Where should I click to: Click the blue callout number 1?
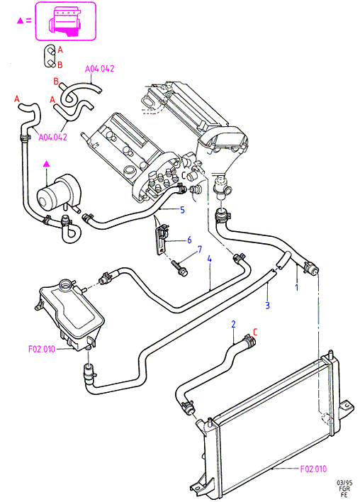(297, 287)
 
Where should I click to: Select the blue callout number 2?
(234, 324)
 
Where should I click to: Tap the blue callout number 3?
(268, 306)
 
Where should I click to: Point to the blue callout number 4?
(210, 259)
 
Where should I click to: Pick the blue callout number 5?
(182, 210)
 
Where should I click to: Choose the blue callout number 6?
(189, 240)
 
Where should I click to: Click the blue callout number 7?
(200, 249)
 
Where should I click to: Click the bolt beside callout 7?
(179, 267)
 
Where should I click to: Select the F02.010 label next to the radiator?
(314, 469)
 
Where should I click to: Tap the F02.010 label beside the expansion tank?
(42, 349)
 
